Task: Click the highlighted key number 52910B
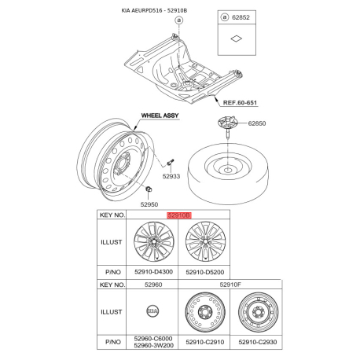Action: [x=179, y=215]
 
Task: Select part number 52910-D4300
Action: [x=153, y=272]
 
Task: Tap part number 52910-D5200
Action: [x=205, y=272]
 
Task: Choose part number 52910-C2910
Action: [x=205, y=342]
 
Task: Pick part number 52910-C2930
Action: [x=258, y=342]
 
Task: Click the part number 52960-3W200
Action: [x=153, y=346]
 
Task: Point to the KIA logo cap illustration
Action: [x=152, y=311]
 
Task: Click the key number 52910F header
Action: [x=230, y=285]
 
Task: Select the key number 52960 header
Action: [x=153, y=285]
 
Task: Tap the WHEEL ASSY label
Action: [x=160, y=116]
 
